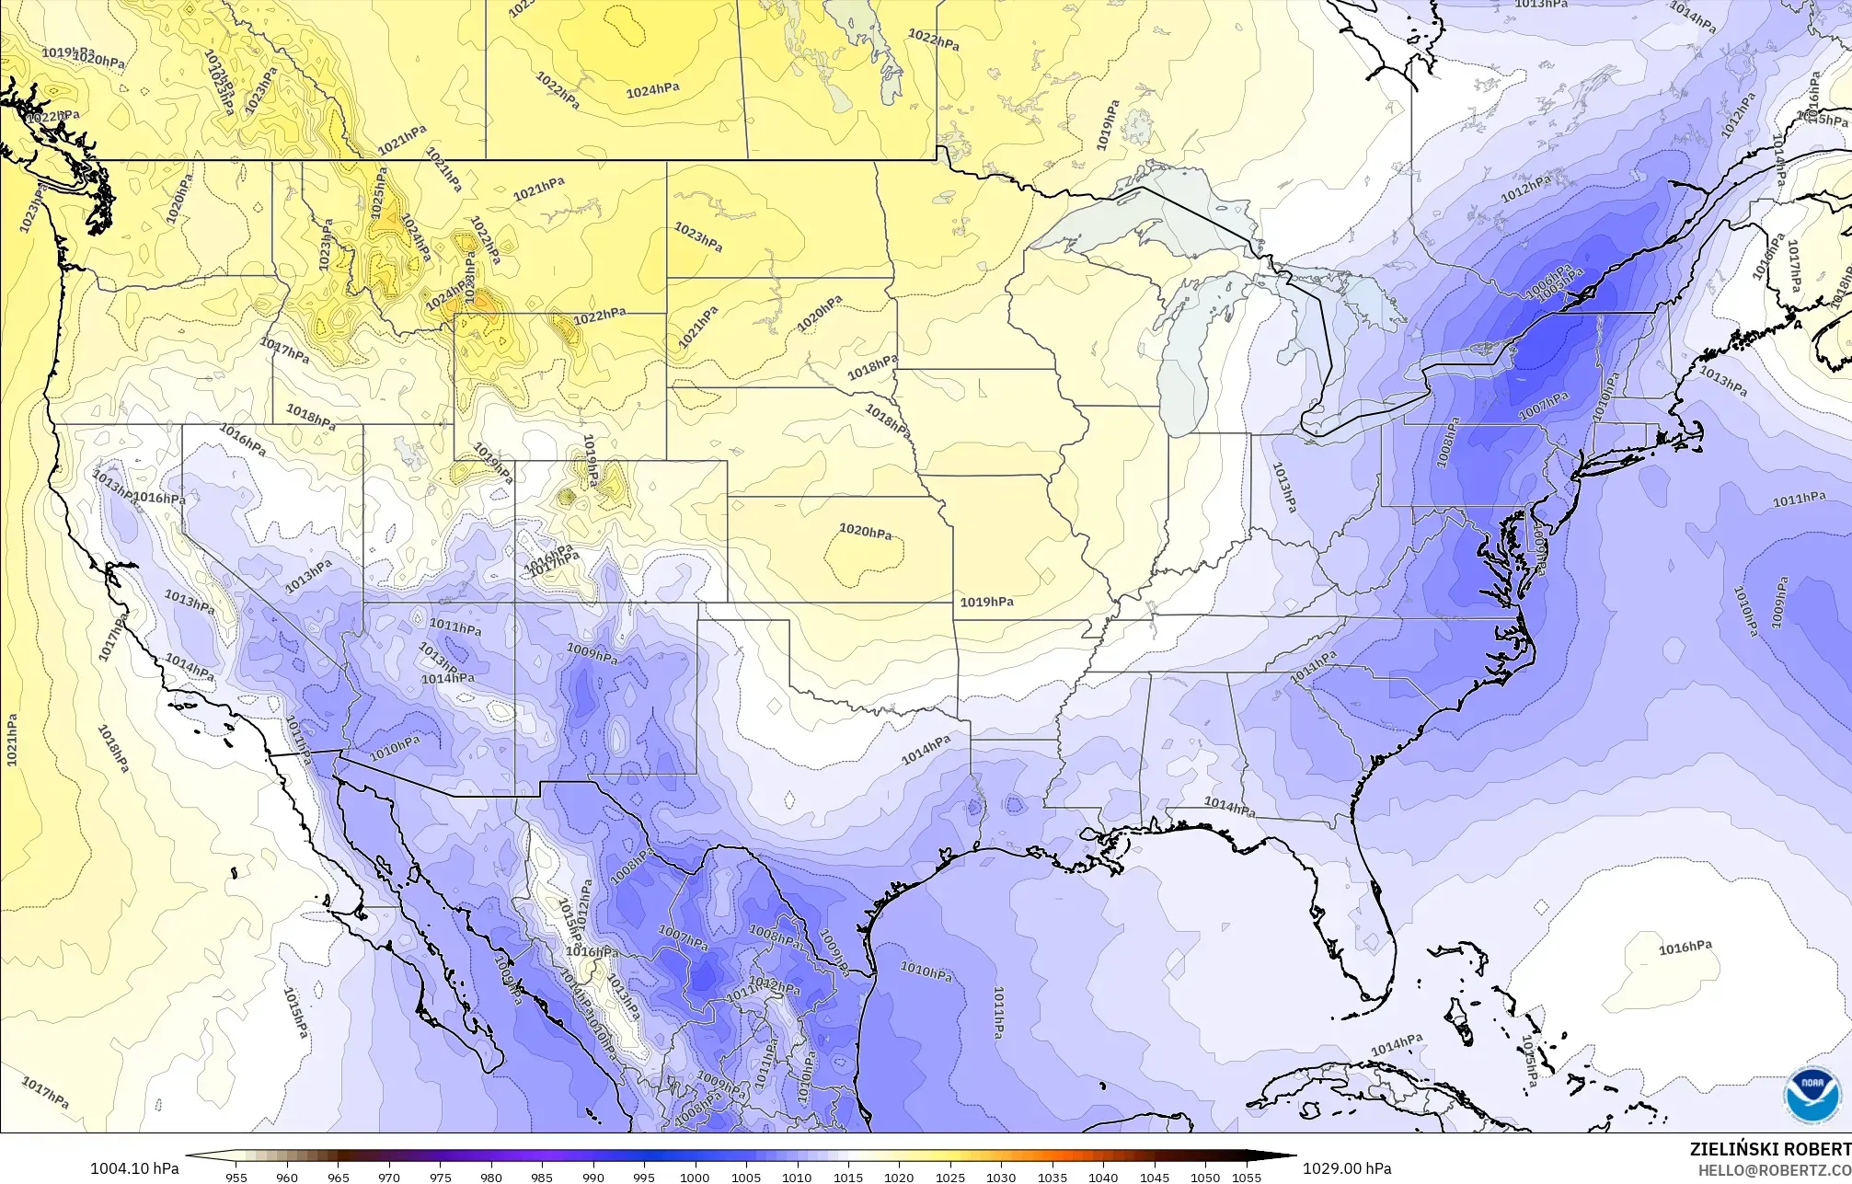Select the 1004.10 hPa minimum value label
tap(134, 1168)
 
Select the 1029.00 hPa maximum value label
tap(1347, 1168)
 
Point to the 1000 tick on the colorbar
tap(695, 1177)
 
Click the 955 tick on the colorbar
tap(236, 1177)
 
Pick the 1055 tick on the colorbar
tap(1246, 1177)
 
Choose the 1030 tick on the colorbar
tap(1001, 1177)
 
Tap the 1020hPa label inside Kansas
tap(865, 532)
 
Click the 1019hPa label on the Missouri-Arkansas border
tap(986, 602)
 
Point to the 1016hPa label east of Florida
tap(1685, 948)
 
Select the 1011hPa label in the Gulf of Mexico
tap(999, 1012)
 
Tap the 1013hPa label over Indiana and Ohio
tap(1283, 487)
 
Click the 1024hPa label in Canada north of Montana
tap(652, 90)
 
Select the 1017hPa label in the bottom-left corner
tap(44, 1092)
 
